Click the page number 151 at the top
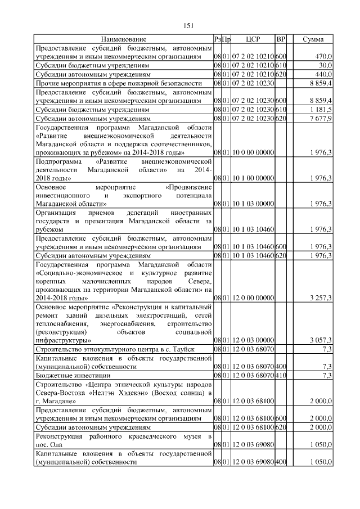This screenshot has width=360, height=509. point(189,25)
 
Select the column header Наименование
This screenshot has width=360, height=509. point(124,39)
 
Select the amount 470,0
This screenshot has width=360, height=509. point(323,57)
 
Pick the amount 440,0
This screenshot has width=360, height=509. point(323,74)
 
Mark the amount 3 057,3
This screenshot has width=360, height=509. point(321,340)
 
